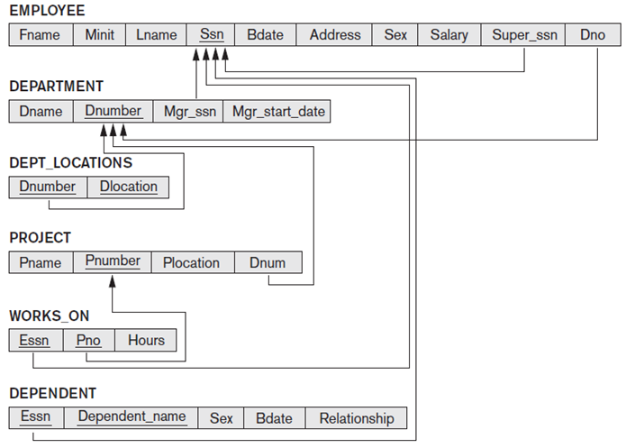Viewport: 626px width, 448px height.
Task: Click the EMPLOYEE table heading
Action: pos(47,11)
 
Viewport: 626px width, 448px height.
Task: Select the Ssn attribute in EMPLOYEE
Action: pos(212,35)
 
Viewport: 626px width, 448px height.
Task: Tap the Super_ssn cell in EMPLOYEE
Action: pos(525,35)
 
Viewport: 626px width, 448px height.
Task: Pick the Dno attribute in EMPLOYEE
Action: pos(593,35)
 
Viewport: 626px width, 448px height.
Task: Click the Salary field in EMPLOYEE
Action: pos(449,35)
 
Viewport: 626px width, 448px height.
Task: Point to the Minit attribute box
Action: pos(100,35)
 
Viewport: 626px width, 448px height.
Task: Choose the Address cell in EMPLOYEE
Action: pos(335,35)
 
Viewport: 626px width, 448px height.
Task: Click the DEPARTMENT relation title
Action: pos(56,87)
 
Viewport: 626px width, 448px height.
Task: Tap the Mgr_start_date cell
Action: pos(277,112)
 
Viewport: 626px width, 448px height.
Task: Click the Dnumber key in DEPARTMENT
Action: pos(113,112)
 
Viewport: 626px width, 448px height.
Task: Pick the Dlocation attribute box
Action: pos(128,187)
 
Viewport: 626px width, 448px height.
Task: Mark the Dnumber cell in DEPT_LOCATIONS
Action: pos(48,187)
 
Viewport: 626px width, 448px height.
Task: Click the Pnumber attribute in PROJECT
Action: pos(113,262)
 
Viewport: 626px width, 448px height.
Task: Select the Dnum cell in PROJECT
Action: pos(268,263)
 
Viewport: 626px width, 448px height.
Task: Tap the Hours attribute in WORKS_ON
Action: pos(146,340)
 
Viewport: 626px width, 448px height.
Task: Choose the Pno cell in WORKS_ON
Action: pos(88,340)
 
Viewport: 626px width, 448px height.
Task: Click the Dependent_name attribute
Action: pos(132,417)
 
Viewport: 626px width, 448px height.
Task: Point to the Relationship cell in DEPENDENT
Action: pos(356,418)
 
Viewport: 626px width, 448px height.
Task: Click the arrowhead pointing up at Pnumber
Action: pos(113,282)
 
